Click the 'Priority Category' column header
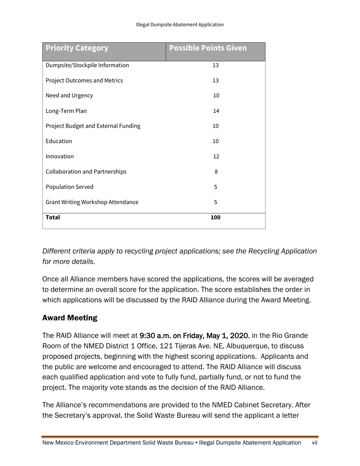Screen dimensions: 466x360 click(x=77, y=48)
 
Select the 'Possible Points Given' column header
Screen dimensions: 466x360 click(x=208, y=48)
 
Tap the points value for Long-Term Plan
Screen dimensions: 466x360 click(x=216, y=111)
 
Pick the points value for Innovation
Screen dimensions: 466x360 click(x=216, y=156)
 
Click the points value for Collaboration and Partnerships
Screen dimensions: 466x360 click(x=216, y=172)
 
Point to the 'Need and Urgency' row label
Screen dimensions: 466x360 click(x=69, y=96)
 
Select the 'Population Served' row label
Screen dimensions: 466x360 click(x=69, y=187)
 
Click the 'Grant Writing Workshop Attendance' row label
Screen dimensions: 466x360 click(x=92, y=202)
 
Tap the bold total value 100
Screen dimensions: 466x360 click(x=216, y=217)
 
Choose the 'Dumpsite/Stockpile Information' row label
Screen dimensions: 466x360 click(x=87, y=66)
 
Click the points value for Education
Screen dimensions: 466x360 click(x=216, y=141)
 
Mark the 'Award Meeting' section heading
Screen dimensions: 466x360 click(x=70, y=318)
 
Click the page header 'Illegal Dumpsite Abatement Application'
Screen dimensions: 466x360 click(x=180, y=25)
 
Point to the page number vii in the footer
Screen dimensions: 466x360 click(x=314, y=443)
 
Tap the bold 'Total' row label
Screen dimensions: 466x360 click(x=53, y=217)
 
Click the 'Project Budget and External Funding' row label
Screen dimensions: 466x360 click(x=93, y=126)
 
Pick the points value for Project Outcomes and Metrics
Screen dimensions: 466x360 click(x=216, y=81)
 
